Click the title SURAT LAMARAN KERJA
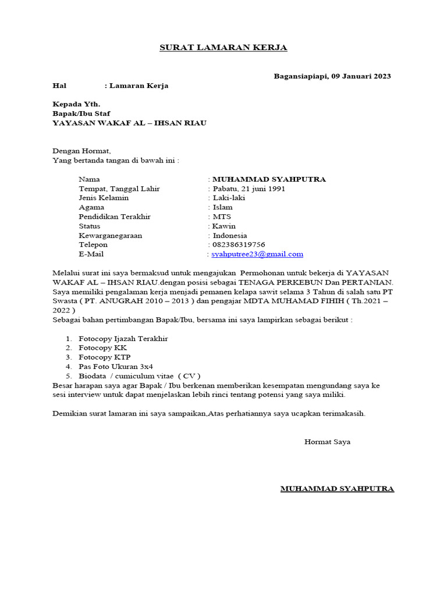[223, 47]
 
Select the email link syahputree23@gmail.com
[257, 254]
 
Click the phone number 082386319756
[239, 245]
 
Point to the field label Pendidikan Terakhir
[115, 217]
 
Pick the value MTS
[222, 217]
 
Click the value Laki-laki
[229, 198]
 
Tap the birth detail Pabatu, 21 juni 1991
[249, 189]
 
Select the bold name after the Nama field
[269, 179]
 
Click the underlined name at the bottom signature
[337, 488]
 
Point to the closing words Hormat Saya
[327, 442]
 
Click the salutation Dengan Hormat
[81, 151]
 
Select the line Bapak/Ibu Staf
[81, 113]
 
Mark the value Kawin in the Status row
[224, 226]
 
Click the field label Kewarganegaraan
[111, 236]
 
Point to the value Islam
[222, 207]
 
